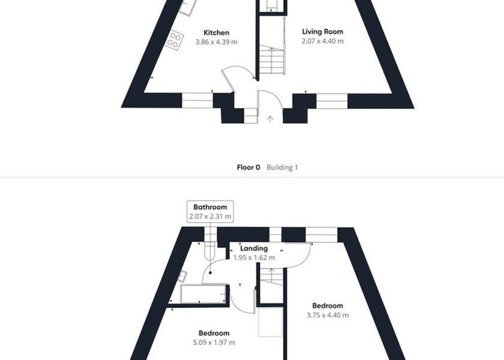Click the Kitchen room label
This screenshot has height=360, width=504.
(x=217, y=33)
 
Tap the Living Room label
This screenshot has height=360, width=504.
(x=322, y=31)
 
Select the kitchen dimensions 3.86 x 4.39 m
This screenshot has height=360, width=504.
(x=217, y=42)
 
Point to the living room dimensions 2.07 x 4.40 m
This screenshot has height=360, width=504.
(x=322, y=41)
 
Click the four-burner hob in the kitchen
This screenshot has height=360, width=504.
(x=174, y=40)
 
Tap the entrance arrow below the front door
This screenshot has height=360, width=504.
(x=270, y=119)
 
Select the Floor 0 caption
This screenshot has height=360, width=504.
(x=248, y=167)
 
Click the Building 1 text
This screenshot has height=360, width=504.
(x=282, y=167)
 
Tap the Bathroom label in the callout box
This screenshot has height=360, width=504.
(x=210, y=207)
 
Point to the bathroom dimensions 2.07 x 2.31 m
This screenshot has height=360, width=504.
(x=210, y=217)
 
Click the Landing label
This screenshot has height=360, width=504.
(x=254, y=248)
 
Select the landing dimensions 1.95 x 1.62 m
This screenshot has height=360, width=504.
(x=254, y=258)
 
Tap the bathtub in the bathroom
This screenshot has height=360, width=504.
(x=203, y=294)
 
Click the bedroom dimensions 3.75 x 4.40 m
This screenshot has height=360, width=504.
(x=328, y=316)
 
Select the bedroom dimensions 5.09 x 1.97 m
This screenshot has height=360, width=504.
(x=214, y=343)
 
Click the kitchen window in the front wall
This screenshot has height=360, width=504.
(x=197, y=100)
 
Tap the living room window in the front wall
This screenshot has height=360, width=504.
(x=332, y=101)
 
